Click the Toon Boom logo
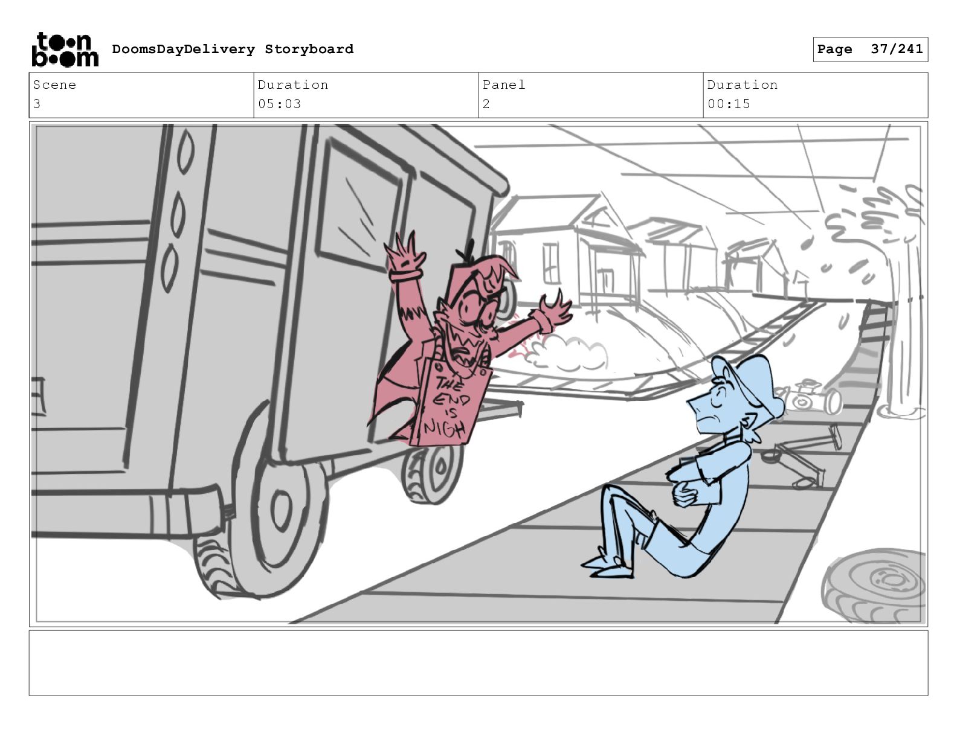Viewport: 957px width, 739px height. (x=65, y=50)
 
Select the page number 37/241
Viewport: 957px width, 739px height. (x=897, y=49)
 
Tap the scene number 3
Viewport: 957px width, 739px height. (x=37, y=104)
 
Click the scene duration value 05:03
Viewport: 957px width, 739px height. (x=279, y=104)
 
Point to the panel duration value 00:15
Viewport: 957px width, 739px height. (x=729, y=104)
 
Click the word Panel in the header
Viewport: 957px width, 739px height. (x=504, y=85)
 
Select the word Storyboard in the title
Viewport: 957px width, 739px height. (x=309, y=49)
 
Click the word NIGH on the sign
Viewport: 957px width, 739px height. (x=444, y=427)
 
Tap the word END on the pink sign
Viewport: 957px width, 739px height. (x=451, y=400)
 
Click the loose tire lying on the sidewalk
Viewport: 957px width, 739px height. (x=874, y=586)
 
